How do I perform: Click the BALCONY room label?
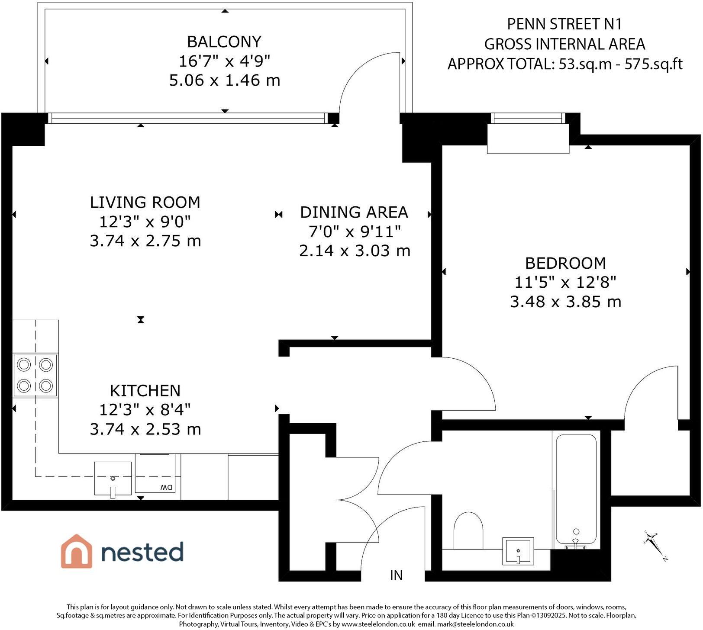(x=224, y=42)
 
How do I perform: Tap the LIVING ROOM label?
(x=145, y=202)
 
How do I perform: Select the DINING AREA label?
(x=354, y=212)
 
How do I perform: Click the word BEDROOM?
(x=565, y=263)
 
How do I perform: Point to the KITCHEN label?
(x=145, y=391)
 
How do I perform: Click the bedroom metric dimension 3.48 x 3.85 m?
(x=565, y=302)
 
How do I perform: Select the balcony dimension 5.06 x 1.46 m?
(x=224, y=80)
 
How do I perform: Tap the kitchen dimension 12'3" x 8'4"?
(x=145, y=409)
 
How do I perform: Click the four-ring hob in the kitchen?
(x=35, y=375)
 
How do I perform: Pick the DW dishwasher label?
(x=166, y=487)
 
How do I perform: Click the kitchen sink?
(x=113, y=478)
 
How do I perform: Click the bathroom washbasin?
(x=518, y=551)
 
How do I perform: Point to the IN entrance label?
(x=396, y=575)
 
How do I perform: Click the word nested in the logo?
(x=142, y=552)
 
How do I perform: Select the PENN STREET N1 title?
(x=564, y=24)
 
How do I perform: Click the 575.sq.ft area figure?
(x=654, y=64)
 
